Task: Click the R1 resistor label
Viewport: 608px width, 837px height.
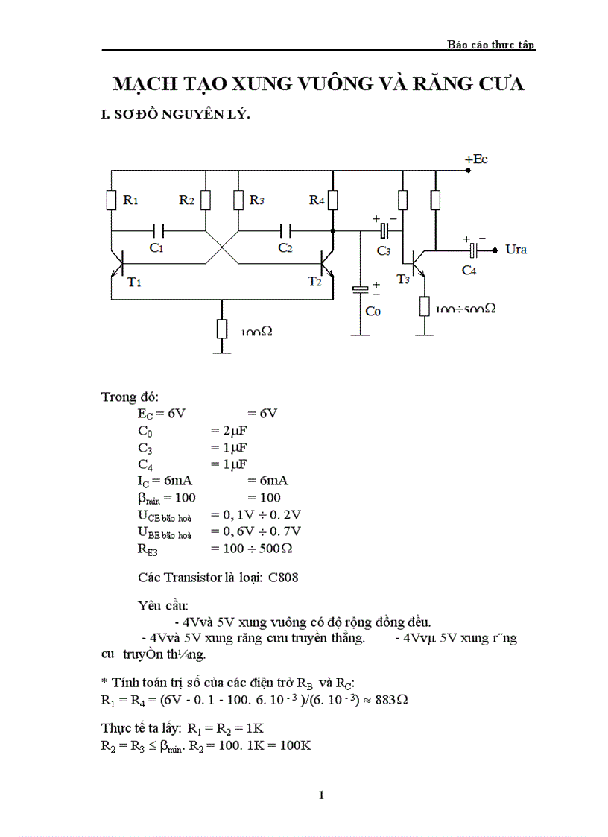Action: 130,200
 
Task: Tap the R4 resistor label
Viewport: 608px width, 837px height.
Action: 317,200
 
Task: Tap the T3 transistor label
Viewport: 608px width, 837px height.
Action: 403,279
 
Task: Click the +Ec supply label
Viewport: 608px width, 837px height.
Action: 475,159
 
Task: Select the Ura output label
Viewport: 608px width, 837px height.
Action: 516,249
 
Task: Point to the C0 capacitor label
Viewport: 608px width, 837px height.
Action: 373,311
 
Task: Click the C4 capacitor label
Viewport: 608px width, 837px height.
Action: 469,270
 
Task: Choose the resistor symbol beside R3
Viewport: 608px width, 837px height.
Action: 238,200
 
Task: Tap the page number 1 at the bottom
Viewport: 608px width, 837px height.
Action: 321,795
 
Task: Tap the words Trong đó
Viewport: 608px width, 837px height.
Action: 130,396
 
